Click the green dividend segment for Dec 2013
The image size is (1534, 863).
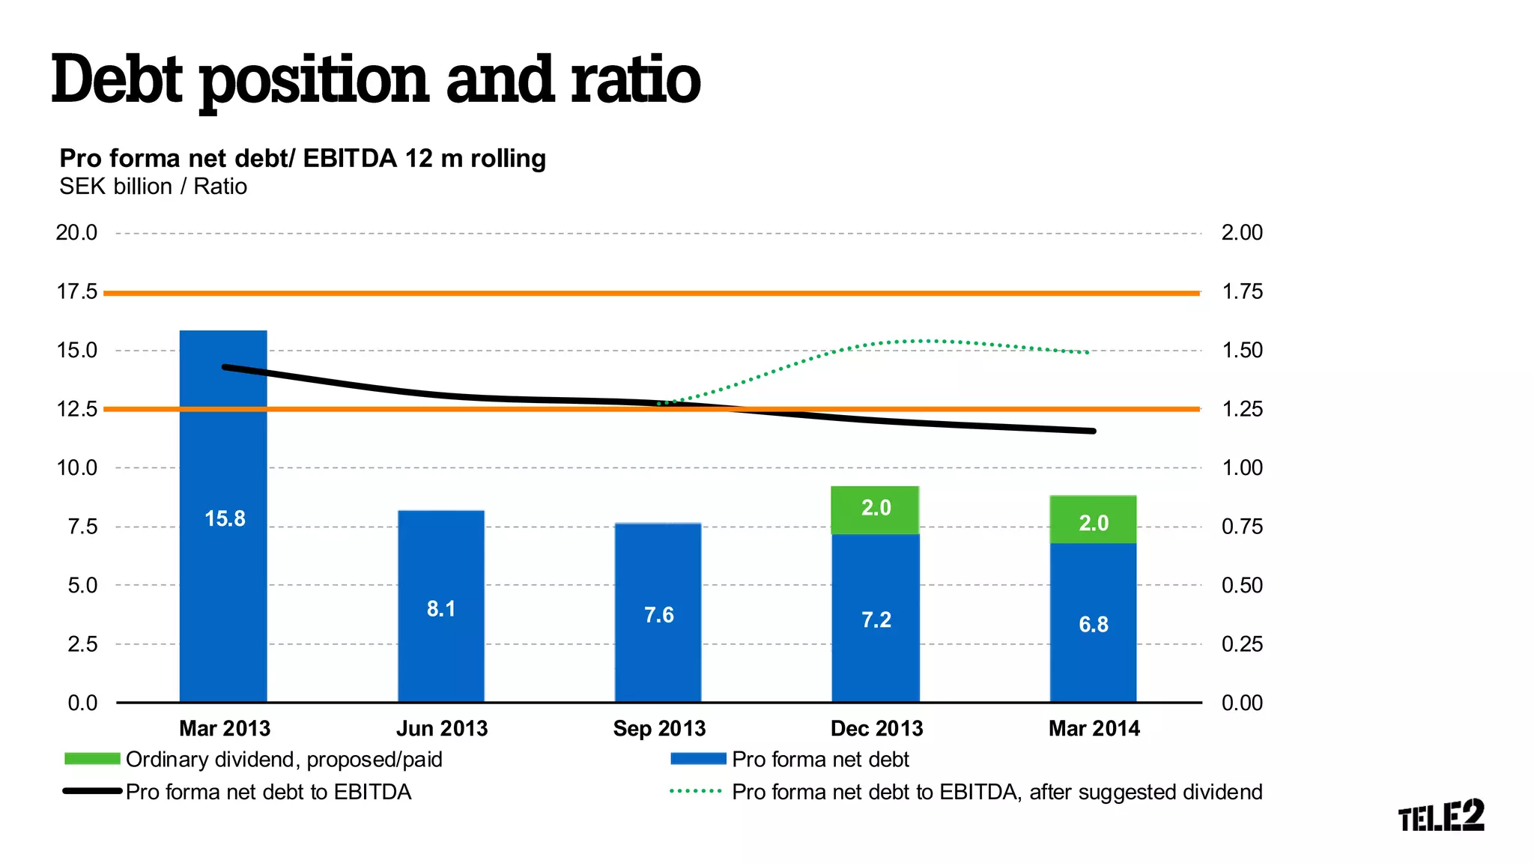click(x=876, y=510)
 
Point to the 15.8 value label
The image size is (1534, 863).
click(x=225, y=518)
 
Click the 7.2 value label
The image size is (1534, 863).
click(x=876, y=620)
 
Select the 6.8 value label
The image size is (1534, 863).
click(x=1094, y=624)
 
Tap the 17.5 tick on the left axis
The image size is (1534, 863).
click(x=77, y=291)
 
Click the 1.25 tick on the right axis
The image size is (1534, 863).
click(x=1242, y=409)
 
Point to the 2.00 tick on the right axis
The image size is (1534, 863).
click(x=1242, y=232)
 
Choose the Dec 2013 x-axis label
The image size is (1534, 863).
click(x=876, y=728)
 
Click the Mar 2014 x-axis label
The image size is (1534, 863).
click(x=1094, y=728)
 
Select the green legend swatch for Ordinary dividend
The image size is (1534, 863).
click(x=92, y=759)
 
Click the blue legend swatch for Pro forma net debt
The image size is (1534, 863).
click(x=698, y=759)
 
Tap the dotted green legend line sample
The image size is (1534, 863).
click(x=696, y=791)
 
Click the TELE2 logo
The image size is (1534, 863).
click(x=1440, y=816)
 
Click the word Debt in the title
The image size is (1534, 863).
click(x=117, y=79)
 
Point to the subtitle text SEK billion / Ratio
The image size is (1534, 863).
click(x=153, y=186)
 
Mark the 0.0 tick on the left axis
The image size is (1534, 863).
click(x=82, y=703)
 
